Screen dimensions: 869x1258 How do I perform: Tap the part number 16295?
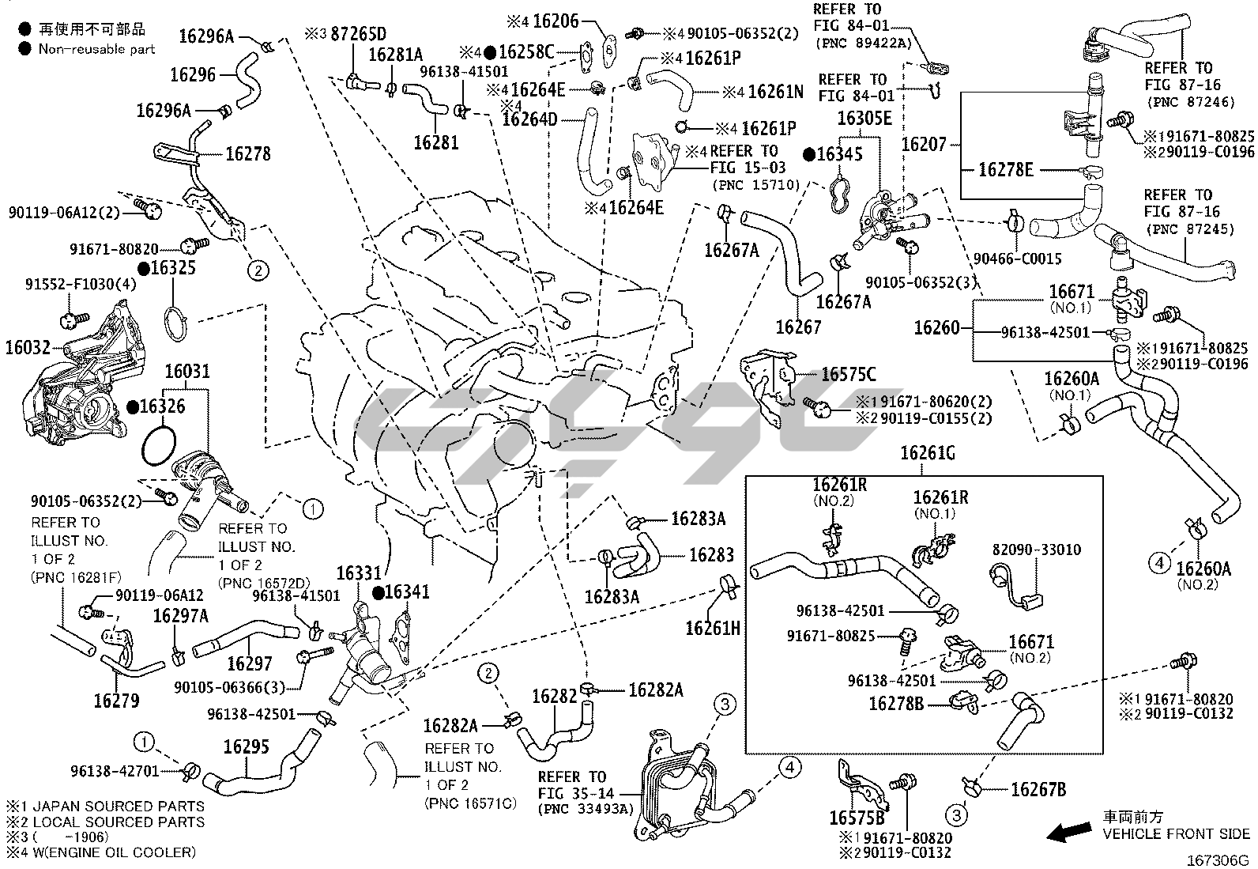(246, 746)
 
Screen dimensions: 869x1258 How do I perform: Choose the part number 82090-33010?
(1037, 550)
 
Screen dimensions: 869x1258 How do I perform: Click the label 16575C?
(848, 375)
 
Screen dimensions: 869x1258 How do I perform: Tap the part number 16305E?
(864, 118)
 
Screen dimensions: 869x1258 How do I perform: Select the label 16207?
(924, 144)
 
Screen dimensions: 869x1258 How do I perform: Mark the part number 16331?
(360, 572)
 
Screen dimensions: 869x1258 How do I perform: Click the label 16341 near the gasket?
(408, 591)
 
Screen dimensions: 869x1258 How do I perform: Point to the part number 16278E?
(1005, 169)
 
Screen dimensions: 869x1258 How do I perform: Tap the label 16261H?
(713, 628)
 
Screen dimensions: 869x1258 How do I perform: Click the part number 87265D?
(357, 34)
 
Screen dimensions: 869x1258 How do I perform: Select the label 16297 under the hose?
(249, 663)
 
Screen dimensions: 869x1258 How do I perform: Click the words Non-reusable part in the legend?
(96, 49)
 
